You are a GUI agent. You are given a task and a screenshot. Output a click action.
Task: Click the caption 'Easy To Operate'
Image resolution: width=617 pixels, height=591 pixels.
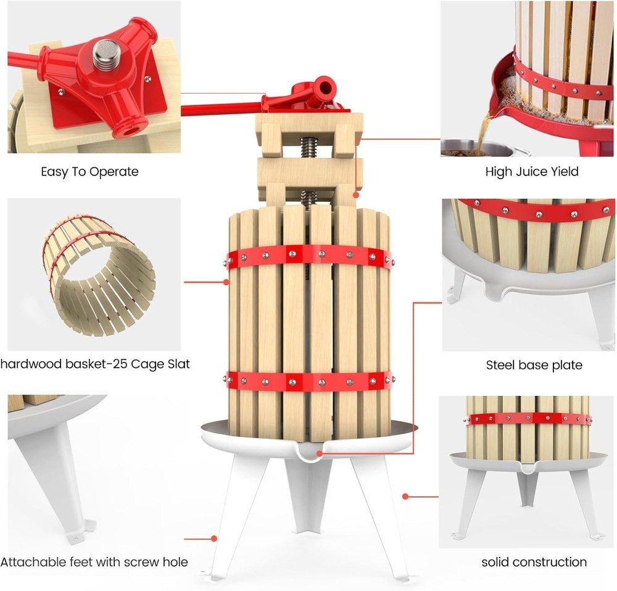pyautogui.click(x=89, y=172)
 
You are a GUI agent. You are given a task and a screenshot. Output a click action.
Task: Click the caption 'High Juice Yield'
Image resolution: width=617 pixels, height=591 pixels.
pyautogui.click(x=532, y=172)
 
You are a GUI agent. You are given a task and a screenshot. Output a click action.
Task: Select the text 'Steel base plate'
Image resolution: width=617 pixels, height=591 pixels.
pyautogui.click(x=534, y=365)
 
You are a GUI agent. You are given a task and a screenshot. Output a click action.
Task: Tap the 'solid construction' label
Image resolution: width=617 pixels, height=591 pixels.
pyautogui.click(x=534, y=562)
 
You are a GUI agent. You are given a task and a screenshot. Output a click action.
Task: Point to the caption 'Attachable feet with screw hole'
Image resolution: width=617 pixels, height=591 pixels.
pyautogui.click(x=94, y=562)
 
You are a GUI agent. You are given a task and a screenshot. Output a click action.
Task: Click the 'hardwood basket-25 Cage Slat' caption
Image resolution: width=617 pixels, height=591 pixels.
pyautogui.click(x=95, y=364)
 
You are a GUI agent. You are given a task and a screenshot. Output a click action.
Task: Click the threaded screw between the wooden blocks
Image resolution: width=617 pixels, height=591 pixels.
pyautogui.click(x=308, y=149)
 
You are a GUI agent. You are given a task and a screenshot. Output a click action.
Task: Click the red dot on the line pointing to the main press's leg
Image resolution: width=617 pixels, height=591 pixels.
pyautogui.click(x=214, y=539)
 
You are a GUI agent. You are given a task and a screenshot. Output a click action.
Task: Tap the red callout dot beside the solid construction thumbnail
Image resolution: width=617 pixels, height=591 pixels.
pyautogui.click(x=405, y=495)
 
